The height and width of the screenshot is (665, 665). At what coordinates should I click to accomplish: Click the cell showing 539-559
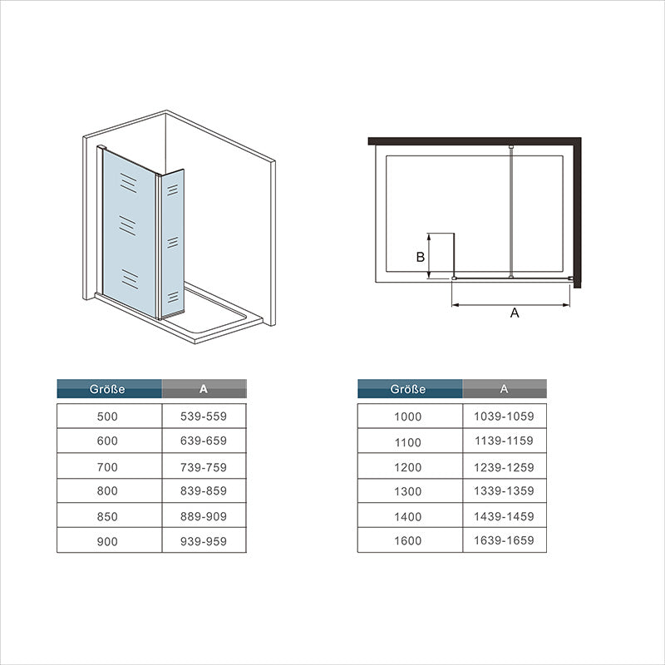204,416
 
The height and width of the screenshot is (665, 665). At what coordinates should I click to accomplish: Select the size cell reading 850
108,516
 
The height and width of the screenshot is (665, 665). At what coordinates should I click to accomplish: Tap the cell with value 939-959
204,541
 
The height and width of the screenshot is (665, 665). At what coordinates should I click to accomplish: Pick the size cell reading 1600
409,541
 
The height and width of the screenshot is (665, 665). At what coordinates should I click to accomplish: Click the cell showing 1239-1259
505,467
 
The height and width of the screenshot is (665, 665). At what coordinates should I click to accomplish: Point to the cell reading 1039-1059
505,416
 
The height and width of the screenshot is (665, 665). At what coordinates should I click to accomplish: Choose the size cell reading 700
108,467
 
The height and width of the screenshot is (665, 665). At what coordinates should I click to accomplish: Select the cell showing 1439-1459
505,516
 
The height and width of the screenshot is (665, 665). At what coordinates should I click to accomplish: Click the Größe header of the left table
109,388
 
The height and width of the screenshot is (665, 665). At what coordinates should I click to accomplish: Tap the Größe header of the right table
410,388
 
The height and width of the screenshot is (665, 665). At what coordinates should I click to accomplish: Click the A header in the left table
204,388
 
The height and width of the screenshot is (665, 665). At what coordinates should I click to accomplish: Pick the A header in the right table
505,388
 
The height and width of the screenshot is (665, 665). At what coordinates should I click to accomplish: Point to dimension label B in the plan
421,257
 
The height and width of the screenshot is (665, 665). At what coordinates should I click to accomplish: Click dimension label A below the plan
515,313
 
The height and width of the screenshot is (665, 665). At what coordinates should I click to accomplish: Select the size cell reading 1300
409,491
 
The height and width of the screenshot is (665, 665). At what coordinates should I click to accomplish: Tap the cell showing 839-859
204,491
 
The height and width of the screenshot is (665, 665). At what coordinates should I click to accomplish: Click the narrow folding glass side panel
173,241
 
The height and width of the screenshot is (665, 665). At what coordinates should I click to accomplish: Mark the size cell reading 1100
409,442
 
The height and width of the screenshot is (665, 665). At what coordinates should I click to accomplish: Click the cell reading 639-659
204,441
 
